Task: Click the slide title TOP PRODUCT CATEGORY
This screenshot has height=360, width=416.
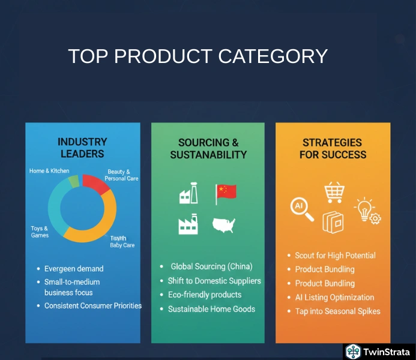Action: tap(197, 56)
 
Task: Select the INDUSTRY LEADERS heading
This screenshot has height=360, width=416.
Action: tap(82, 148)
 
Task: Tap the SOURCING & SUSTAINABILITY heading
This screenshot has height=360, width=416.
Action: tap(208, 148)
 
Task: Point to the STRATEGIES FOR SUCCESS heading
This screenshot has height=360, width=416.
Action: tap(332, 148)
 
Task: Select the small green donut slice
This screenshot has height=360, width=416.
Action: tap(74, 181)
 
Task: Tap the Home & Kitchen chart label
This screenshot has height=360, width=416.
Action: tap(49, 171)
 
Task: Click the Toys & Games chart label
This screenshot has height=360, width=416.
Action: tap(40, 232)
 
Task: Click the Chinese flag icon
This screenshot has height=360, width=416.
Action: tap(226, 192)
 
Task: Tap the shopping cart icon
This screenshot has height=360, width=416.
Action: tap(334, 193)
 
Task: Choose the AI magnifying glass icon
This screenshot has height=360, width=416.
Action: tap(301, 208)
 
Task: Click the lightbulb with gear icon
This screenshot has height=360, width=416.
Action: tap(367, 211)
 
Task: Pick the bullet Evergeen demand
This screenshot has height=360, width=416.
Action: tap(74, 269)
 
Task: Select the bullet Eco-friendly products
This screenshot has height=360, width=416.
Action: tap(204, 295)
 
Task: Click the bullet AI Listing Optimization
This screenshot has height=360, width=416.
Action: tap(334, 297)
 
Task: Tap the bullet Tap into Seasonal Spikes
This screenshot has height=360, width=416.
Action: tap(337, 311)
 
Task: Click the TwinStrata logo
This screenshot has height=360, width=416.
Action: tap(378, 352)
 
